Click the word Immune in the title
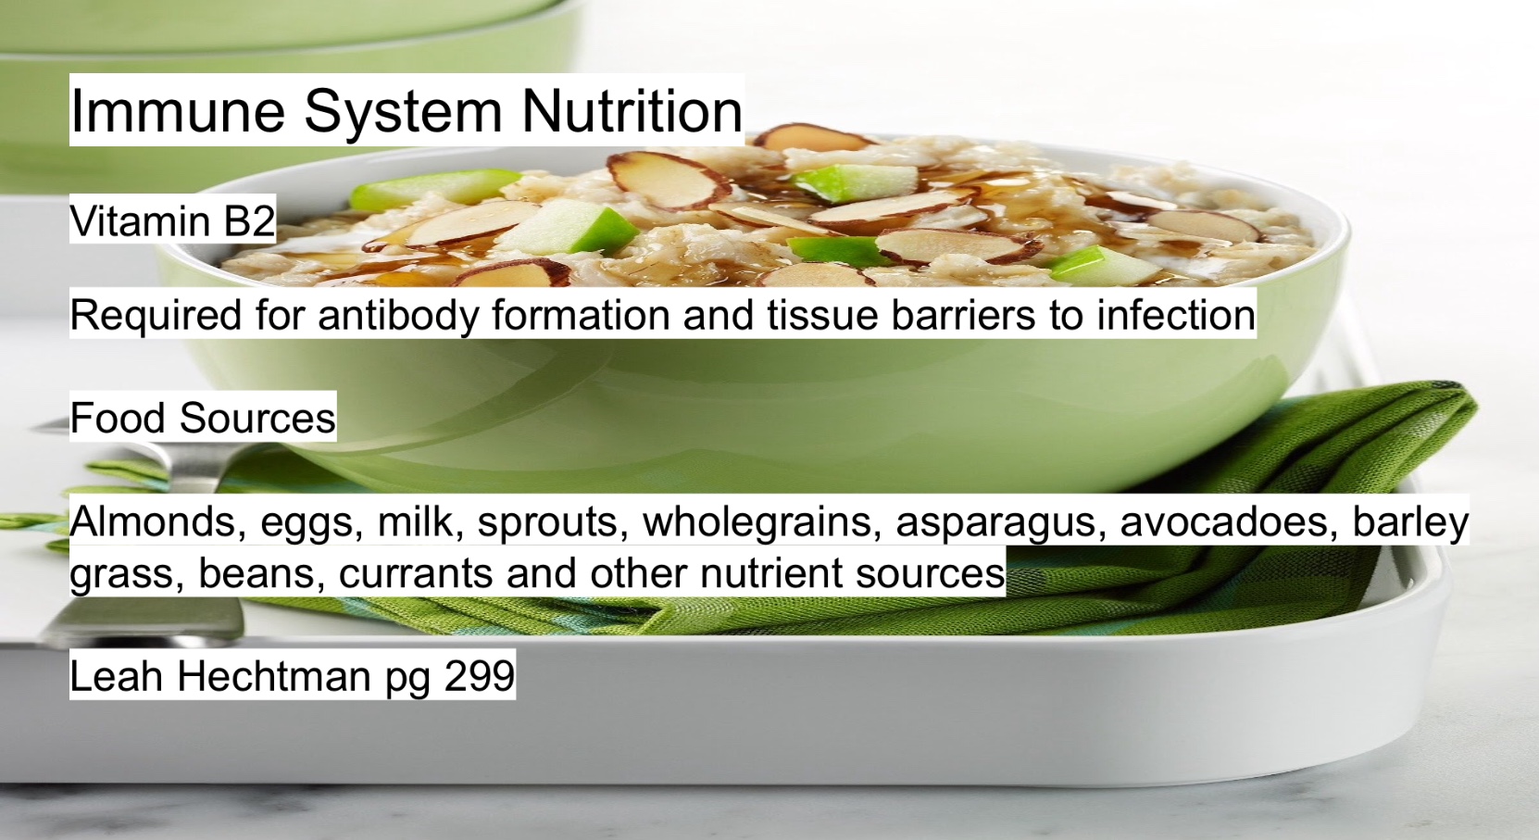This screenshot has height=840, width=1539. pyautogui.click(x=178, y=110)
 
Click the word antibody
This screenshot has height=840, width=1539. pyautogui.click(x=398, y=316)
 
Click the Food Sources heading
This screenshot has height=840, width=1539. pyautogui.click(x=203, y=418)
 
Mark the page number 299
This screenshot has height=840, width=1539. pyautogui.click(x=480, y=676)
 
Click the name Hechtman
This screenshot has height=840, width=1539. pyautogui.click(x=274, y=676)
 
